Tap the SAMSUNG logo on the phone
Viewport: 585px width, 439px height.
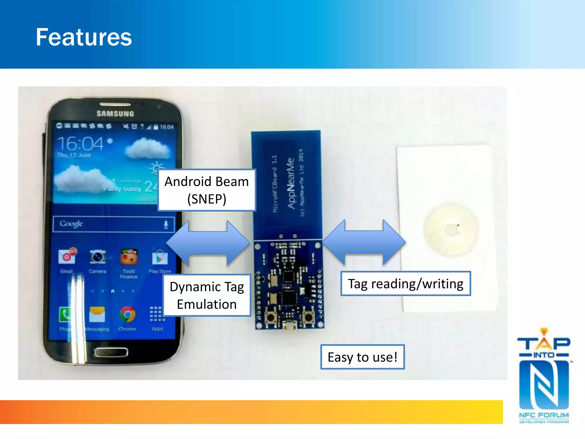[115, 114]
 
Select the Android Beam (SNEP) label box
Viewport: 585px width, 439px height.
[207, 190]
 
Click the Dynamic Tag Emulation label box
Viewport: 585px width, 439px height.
[207, 295]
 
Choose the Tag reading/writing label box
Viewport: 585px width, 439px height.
[405, 284]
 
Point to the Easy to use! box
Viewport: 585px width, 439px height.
[362, 357]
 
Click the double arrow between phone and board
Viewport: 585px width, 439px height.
[208, 243]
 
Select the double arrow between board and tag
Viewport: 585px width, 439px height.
[364, 242]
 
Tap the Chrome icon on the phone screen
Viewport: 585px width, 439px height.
[127, 315]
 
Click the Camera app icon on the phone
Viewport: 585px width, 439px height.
[97, 257]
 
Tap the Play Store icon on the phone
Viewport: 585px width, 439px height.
[159, 258]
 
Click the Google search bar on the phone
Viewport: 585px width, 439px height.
[113, 224]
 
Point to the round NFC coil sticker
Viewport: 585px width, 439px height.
[450, 230]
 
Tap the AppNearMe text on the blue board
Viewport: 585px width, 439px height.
[291, 183]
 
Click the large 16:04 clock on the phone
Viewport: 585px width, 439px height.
[81, 143]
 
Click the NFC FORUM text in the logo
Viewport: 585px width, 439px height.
[544, 415]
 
